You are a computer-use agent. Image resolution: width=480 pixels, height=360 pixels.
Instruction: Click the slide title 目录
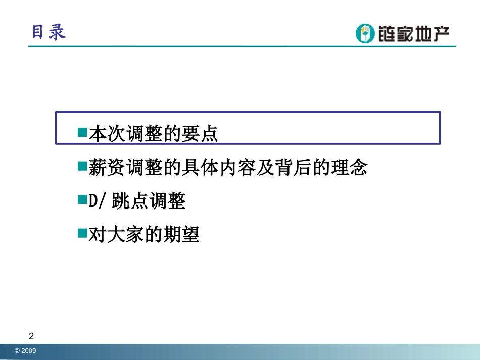[49, 32]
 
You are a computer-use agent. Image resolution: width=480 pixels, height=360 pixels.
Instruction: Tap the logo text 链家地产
[410, 34]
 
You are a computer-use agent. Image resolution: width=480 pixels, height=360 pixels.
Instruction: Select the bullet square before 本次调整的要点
[82, 132]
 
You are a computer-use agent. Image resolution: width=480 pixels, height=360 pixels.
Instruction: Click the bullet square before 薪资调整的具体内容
[82, 166]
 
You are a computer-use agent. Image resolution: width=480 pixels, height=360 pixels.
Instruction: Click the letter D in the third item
[93, 201]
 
